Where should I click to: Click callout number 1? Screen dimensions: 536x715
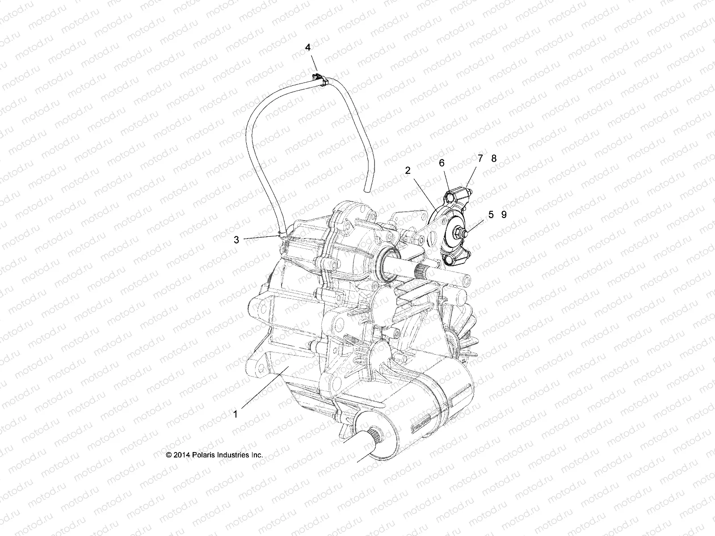[236, 414]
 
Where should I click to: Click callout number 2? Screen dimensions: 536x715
[408, 170]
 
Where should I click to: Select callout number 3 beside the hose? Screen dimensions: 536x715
[236, 240]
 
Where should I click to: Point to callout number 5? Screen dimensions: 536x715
[491, 215]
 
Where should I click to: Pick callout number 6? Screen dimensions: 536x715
[442, 163]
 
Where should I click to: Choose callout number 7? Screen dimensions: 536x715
[480, 159]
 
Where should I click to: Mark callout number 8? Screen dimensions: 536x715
[494, 159]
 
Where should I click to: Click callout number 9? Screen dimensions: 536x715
[504, 215]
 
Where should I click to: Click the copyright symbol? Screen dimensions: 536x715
[169, 455]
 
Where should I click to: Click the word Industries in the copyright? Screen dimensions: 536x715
[232, 455]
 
